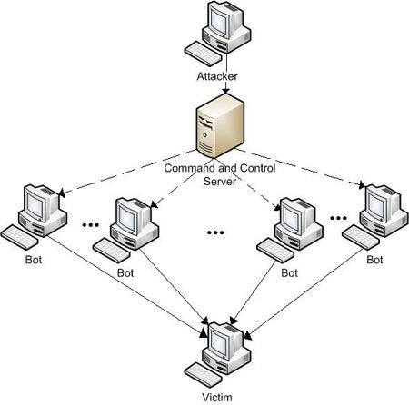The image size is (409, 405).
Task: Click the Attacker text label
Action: point(217,76)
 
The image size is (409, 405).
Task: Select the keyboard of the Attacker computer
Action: point(203,54)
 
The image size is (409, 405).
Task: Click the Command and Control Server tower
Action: point(220,125)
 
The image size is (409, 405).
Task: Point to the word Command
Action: point(190,168)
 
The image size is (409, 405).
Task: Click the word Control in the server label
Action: point(257,168)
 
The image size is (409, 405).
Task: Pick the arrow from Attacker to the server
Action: point(226,73)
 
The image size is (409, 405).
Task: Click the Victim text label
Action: point(217,397)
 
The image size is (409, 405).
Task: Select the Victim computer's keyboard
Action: point(203,375)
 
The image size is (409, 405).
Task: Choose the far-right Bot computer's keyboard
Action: point(361,238)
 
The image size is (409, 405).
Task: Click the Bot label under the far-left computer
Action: point(34,260)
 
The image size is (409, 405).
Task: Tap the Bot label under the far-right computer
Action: point(374,260)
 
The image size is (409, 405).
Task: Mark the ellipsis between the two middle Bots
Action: point(215,232)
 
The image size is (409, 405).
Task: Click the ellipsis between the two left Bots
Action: point(91,225)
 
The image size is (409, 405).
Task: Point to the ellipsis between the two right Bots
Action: point(338,218)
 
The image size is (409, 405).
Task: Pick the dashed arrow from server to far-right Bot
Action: point(300,168)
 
